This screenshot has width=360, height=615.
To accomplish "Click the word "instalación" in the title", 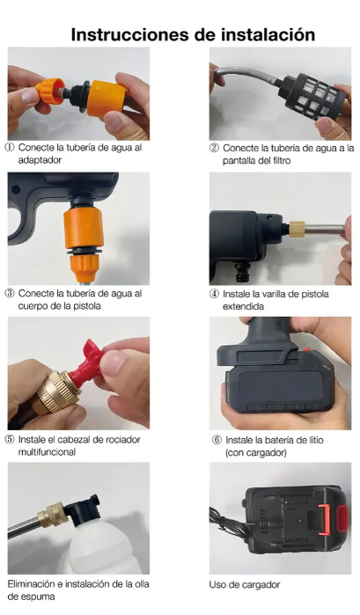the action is (268, 34).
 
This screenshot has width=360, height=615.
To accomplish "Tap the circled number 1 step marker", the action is (10, 148).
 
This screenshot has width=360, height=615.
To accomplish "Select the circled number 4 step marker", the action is (214, 294).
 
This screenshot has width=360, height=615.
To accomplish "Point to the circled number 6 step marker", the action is (217, 440).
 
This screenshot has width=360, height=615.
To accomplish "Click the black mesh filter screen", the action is (312, 96).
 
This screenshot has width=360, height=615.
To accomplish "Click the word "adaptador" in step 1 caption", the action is (40, 160).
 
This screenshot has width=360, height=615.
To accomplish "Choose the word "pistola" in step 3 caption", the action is (86, 306).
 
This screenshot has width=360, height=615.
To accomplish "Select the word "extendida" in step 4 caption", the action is (244, 306).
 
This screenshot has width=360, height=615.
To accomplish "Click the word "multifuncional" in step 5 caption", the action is (47, 452).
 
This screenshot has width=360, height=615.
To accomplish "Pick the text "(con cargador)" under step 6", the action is (256, 452).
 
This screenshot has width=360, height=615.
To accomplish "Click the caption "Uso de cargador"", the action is (244, 585).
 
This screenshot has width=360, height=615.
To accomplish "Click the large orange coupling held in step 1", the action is (107, 99).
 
